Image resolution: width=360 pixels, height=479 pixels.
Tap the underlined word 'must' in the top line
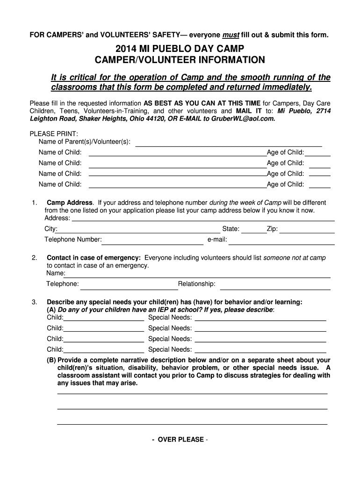pyautogui.click(x=231, y=35)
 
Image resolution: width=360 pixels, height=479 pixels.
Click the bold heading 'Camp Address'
pyautogui.click(x=70, y=203)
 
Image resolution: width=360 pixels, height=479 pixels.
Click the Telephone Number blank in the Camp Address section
pyautogui.click(x=153, y=243)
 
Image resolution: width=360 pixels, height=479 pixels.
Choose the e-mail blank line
pyautogui.click(x=281, y=243)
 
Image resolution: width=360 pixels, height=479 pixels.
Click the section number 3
pyautogui.click(x=35, y=302)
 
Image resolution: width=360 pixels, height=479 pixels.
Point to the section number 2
pyautogui.click(x=35, y=258)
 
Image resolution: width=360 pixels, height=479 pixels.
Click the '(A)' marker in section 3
pyautogui.click(x=51, y=310)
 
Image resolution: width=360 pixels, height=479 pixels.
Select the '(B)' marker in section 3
pyautogui.click(x=51, y=361)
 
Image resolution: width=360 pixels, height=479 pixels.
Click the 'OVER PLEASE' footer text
pyautogui.click(x=180, y=440)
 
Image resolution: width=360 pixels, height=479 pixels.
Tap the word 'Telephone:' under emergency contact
pyautogui.click(x=62, y=284)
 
